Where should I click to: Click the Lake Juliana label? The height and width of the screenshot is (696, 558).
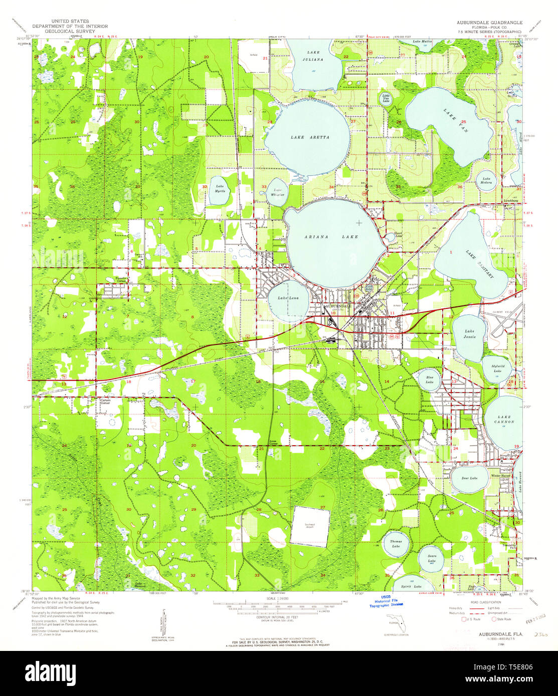pyautogui.click(x=313, y=56)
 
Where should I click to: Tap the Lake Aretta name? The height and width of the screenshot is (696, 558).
pyautogui.click(x=310, y=137)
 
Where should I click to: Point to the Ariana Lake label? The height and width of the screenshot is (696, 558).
pyautogui.click(x=331, y=237)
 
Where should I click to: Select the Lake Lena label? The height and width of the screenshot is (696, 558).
pyautogui.click(x=283, y=298)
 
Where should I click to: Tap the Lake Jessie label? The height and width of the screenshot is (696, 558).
pyautogui.click(x=469, y=334)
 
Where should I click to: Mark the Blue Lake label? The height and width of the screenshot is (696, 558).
pyautogui.click(x=430, y=380)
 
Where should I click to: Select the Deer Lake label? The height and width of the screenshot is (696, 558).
pyautogui.click(x=469, y=478)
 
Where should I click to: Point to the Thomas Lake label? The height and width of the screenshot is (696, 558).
pyautogui.click(x=396, y=544)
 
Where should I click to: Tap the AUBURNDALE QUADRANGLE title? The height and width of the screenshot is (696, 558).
pyautogui.click(x=489, y=23)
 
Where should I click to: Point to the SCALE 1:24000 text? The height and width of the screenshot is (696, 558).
pyautogui.click(x=279, y=599)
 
